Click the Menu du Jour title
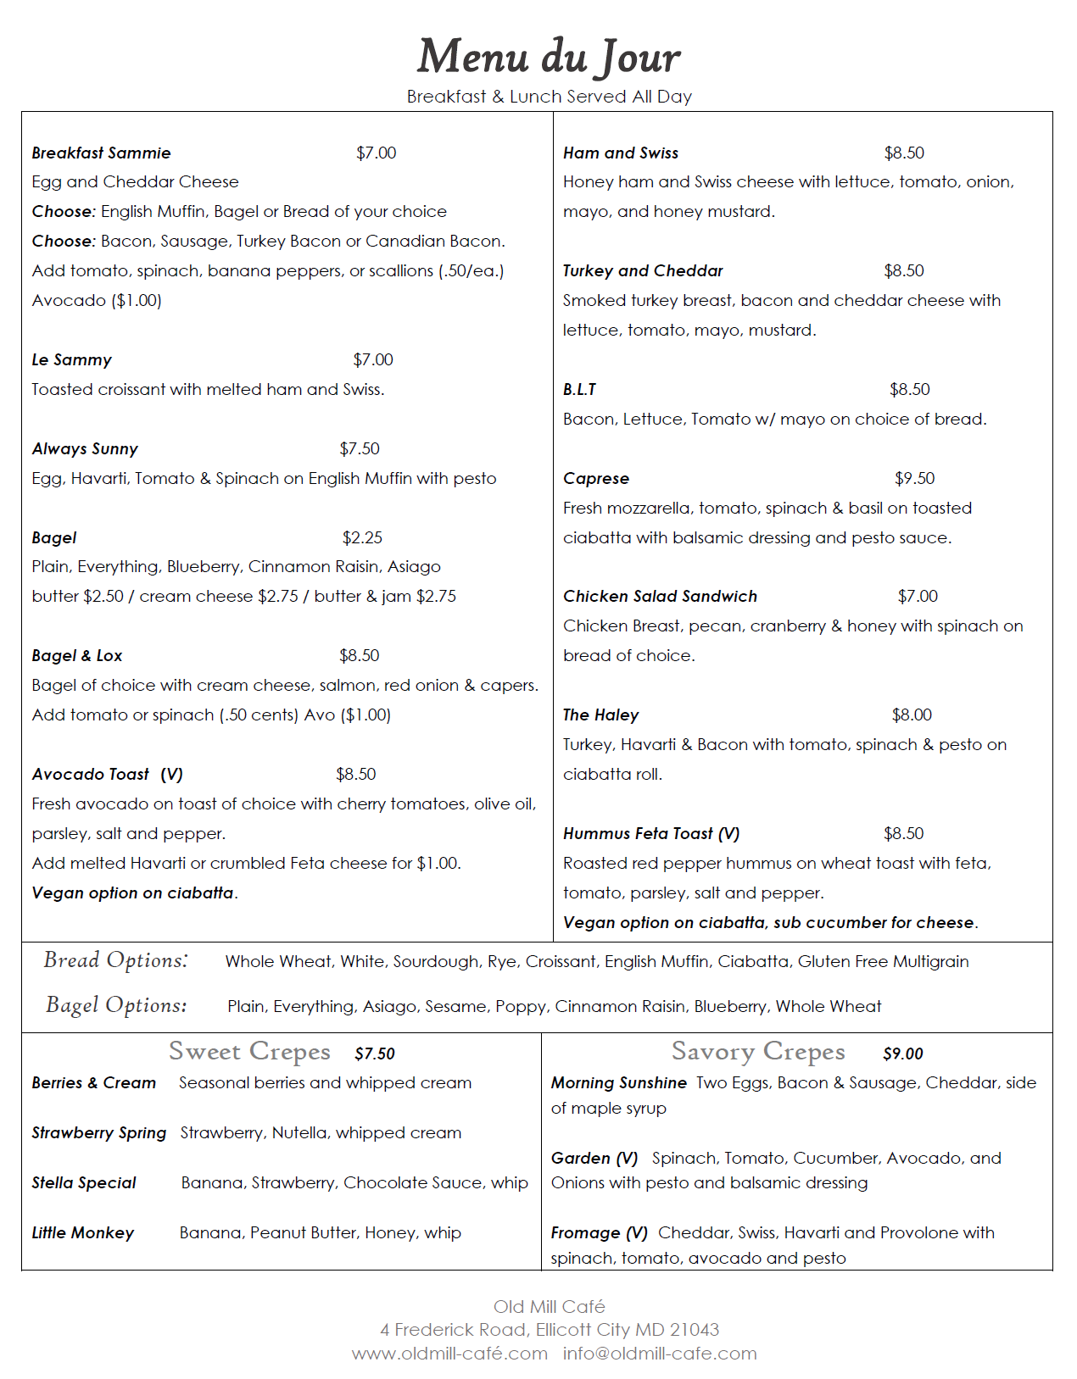click(549, 57)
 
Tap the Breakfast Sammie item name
click(101, 153)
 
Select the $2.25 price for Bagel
click(362, 537)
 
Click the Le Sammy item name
click(71, 359)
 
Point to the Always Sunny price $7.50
click(360, 448)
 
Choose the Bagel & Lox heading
click(77, 655)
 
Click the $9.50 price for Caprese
click(914, 478)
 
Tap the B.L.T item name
click(579, 389)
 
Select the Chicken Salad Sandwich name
click(660, 596)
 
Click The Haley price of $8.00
click(912, 715)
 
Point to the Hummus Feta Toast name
click(650, 833)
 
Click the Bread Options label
click(116, 959)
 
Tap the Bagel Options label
click(116, 1004)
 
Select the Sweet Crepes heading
click(249, 1051)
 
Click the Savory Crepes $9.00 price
click(902, 1054)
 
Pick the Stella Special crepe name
click(84, 1182)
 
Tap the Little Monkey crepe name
click(83, 1232)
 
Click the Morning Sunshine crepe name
click(618, 1082)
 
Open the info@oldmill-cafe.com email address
click(660, 1354)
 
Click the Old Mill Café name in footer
click(550, 1306)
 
